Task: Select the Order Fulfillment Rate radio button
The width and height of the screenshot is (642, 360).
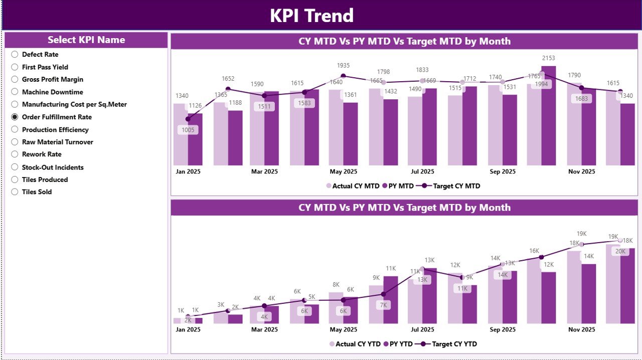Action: pyautogui.click(x=15, y=117)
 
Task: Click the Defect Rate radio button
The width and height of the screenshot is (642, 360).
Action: pyautogui.click(x=15, y=54)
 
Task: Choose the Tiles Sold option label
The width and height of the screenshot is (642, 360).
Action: pyautogui.click(x=37, y=192)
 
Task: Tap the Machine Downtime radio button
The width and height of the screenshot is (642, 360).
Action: pyautogui.click(x=15, y=92)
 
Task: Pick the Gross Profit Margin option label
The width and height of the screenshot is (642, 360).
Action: pyautogui.click(x=53, y=79)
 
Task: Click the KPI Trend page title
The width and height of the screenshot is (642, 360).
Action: pyautogui.click(x=311, y=16)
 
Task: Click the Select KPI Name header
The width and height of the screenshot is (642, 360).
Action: pyautogui.click(x=86, y=40)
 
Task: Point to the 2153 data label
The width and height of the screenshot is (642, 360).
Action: pyautogui.click(x=548, y=58)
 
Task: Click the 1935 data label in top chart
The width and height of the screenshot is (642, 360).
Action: pyautogui.click(x=343, y=66)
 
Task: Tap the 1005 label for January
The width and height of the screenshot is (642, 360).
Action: pyautogui.click(x=188, y=130)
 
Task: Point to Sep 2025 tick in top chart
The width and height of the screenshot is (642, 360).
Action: pyautogui.click(x=502, y=171)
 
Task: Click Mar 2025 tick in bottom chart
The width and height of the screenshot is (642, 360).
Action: pyautogui.click(x=264, y=329)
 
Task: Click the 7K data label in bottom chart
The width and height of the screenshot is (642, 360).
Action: pyautogui.click(x=383, y=305)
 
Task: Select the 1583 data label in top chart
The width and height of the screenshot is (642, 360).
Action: pyautogui.click(x=304, y=103)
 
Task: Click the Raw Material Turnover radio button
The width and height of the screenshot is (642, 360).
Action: pyautogui.click(x=15, y=142)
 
